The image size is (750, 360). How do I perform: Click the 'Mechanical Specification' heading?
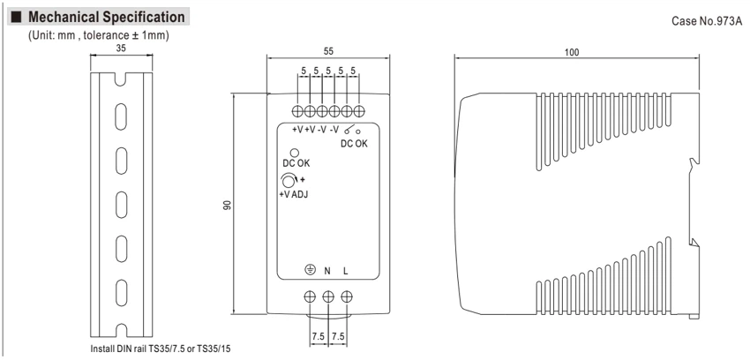coord(106,17)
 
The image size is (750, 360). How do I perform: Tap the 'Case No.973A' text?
coord(707,21)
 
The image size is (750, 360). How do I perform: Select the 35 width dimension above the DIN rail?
coord(121,48)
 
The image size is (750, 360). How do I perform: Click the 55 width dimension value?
coord(328,51)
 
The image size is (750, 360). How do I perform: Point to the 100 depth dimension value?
coord(571,52)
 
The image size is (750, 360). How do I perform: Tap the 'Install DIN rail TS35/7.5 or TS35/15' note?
coord(163,349)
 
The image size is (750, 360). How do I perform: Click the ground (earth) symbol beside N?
coord(310,270)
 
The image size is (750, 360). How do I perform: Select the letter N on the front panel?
coord(327,271)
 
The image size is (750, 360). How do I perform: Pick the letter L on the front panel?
coord(345,271)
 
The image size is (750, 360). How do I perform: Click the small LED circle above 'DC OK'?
coord(295,153)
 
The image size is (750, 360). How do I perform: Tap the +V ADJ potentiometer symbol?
coord(289,181)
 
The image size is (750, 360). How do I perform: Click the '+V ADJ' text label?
coord(293,194)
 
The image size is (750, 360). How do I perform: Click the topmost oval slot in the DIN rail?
coord(122,117)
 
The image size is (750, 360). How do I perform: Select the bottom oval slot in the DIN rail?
coord(122,293)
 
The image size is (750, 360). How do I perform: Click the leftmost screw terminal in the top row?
coord(297,111)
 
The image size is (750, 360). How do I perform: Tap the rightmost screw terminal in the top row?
coord(359,111)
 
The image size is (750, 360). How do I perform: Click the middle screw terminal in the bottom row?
coord(328,296)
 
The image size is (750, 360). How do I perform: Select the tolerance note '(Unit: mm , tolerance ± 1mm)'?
coord(99,35)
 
